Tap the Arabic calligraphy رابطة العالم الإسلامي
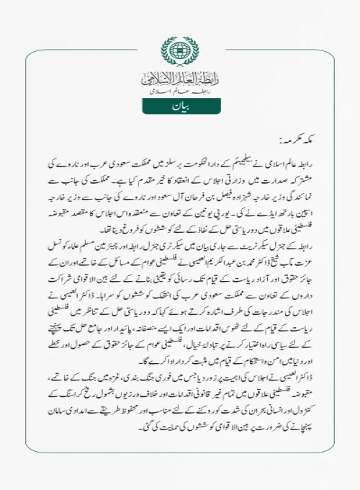pos(179,78)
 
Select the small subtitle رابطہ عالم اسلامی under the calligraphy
pos(179,92)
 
